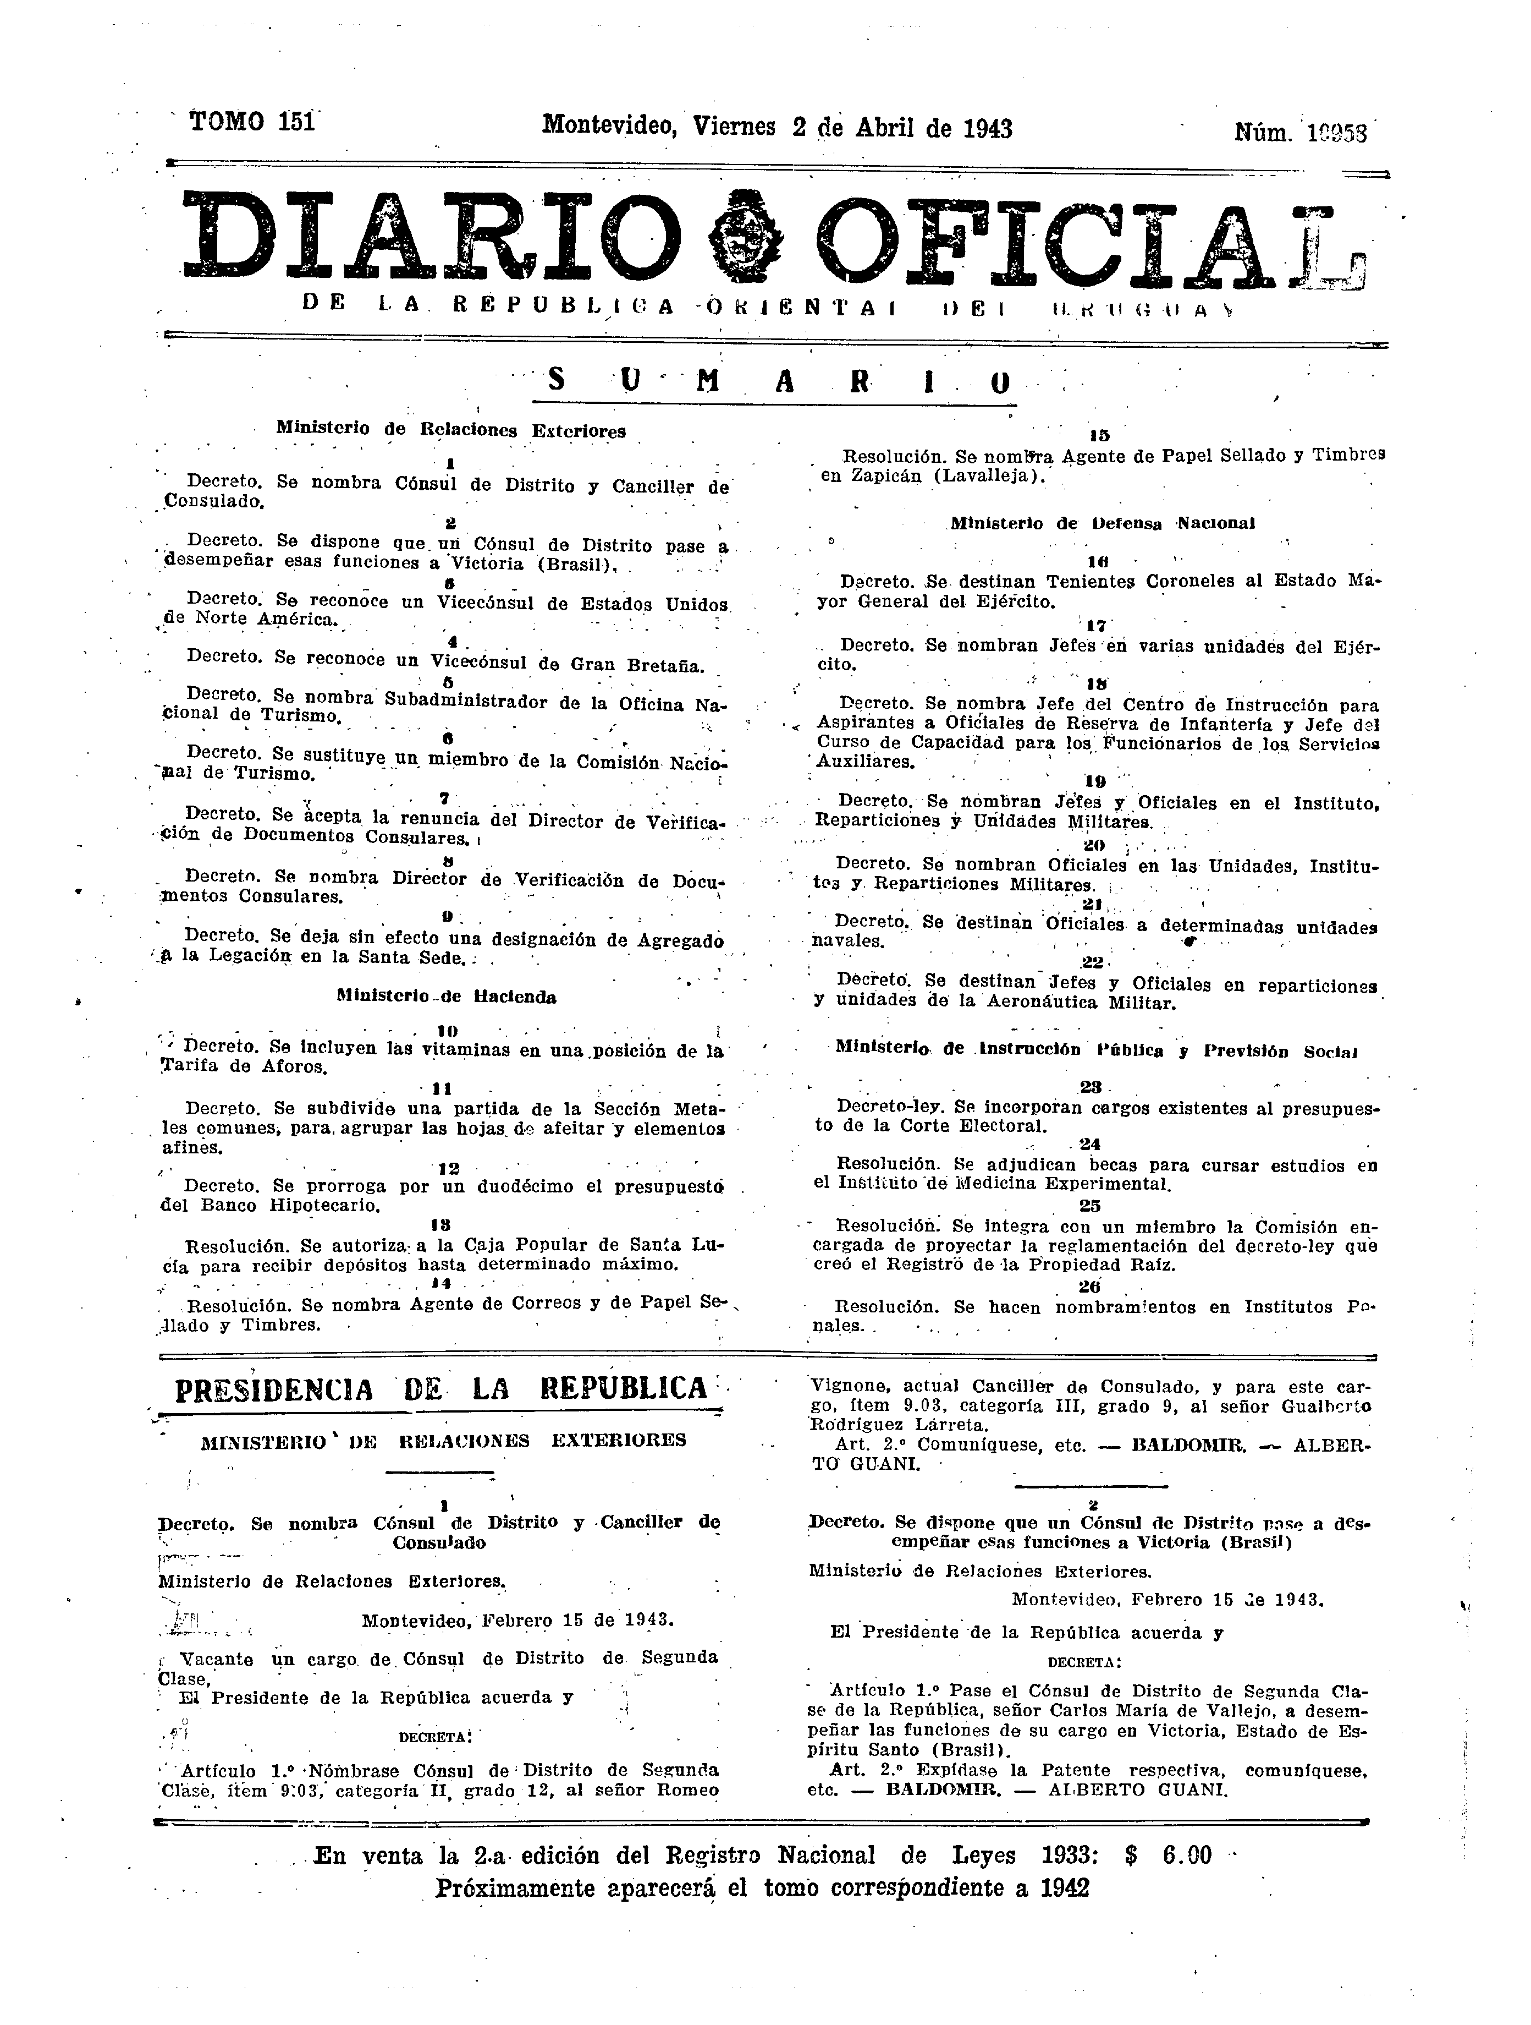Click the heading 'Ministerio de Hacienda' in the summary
point(445,997)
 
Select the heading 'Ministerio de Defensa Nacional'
point(1102,524)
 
